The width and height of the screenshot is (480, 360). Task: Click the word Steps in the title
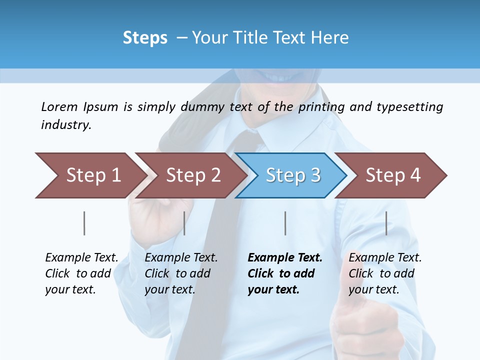145,38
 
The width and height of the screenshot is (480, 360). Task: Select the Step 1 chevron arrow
90,175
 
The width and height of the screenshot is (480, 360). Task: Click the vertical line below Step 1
84,223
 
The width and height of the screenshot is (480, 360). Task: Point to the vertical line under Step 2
184,223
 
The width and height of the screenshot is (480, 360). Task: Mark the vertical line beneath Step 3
285,223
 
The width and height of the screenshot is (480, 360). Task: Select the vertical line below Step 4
386,223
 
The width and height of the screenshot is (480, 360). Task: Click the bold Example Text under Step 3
284,273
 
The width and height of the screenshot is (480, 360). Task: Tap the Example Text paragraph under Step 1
81,273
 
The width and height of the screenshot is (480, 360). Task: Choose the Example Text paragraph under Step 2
181,273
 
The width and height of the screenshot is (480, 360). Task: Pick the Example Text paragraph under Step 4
385,273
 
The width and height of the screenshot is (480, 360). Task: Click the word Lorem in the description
59,106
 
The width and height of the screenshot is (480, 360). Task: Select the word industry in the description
66,125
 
